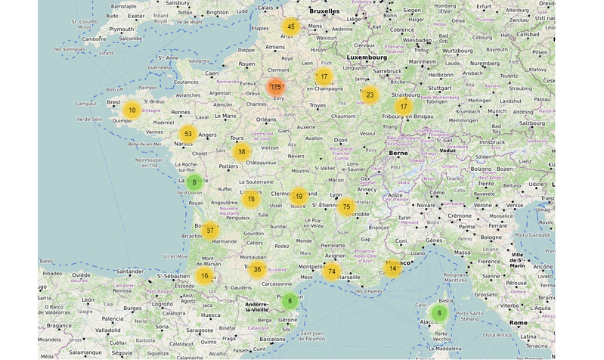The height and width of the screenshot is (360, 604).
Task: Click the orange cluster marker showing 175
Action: (x=275, y=87)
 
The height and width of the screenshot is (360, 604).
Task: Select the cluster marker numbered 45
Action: (x=290, y=27)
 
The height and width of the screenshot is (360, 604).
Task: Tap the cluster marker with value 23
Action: (x=369, y=95)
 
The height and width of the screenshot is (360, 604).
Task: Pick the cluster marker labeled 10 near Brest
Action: (x=132, y=110)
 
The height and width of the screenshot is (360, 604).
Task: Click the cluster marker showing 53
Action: (x=188, y=134)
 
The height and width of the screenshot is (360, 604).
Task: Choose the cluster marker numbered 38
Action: (x=241, y=151)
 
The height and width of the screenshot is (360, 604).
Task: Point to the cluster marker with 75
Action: (x=346, y=206)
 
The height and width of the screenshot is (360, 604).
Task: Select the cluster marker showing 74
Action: (x=331, y=272)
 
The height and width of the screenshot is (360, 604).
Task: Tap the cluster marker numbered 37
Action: (x=209, y=231)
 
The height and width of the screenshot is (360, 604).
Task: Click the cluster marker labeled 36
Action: (x=257, y=270)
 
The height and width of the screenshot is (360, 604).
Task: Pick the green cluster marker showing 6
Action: (x=289, y=301)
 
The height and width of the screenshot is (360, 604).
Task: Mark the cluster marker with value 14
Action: (x=392, y=268)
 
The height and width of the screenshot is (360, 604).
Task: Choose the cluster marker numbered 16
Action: (x=204, y=276)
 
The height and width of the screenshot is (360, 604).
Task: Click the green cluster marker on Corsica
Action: (x=438, y=312)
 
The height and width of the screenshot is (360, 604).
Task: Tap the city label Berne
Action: (x=398, y=153)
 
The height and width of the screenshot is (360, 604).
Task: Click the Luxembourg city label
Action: (x=367, y=57)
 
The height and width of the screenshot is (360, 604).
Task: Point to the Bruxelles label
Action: (x=325, y=11)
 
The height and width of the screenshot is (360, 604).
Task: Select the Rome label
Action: (x=519, y=323)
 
